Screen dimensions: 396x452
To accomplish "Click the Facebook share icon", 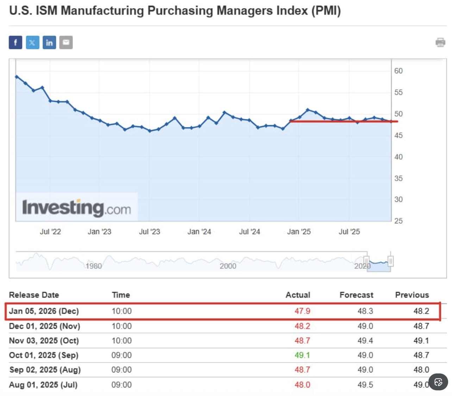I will coord(15,43).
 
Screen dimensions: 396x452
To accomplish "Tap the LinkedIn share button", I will coord(49,43).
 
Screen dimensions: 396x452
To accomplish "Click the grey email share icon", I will coord(66,43).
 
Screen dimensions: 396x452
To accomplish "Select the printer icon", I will coord(440,43).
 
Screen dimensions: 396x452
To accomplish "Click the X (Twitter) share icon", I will coord(32,43).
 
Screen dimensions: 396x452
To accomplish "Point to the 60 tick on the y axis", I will coord(398,71).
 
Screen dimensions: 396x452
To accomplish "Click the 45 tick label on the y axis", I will coord(398,136).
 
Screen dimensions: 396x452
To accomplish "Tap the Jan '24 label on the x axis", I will coord(199,232).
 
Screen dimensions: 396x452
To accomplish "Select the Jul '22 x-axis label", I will coord(50,232).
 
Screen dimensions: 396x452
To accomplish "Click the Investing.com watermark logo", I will coord(76,208).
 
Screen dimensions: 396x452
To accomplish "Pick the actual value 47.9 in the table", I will coord(302,311).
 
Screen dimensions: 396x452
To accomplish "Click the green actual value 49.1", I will coord(302,355).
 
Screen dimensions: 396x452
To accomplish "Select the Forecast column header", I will coord(356,295).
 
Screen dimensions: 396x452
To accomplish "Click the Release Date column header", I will coord(34,295).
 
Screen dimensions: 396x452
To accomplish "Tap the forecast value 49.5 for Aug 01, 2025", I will coord(365,385).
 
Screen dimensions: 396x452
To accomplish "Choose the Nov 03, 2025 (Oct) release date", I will coord(44,341).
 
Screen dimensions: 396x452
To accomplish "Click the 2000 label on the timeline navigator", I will coord(228,266).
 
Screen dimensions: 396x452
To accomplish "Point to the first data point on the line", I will coord(17,76).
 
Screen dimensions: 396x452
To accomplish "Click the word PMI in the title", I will coord(326,11).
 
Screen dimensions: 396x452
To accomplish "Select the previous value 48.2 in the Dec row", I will coord(421,311).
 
